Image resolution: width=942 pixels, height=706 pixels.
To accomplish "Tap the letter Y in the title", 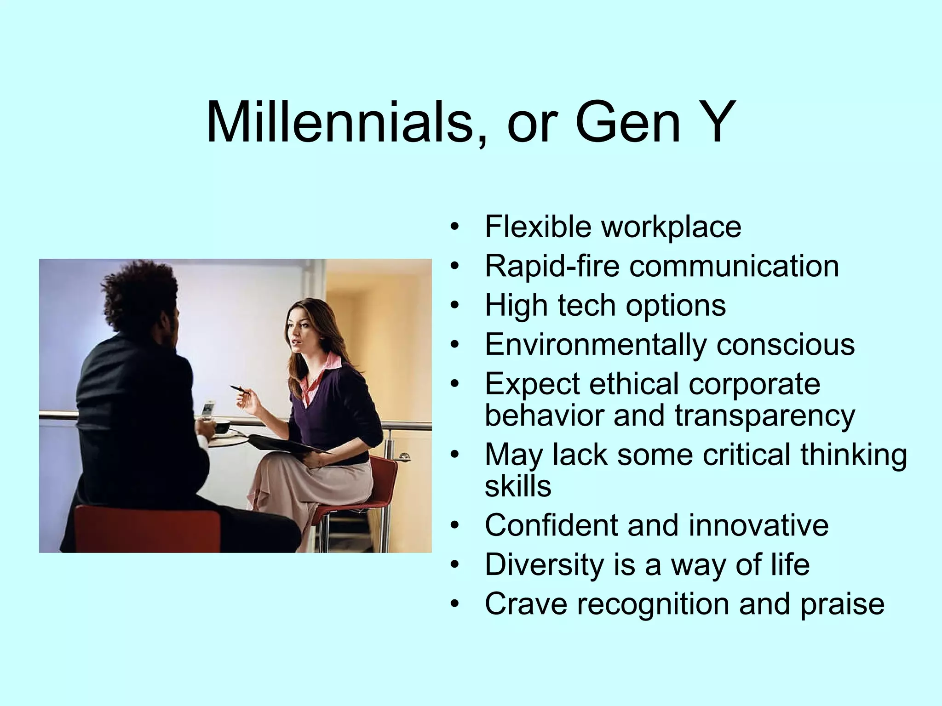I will [713, 123].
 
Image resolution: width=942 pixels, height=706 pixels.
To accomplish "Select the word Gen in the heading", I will [627, 123].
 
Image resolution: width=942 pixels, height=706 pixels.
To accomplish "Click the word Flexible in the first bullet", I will [539, 227].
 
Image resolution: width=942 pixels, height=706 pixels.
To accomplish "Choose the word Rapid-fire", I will [552, 266].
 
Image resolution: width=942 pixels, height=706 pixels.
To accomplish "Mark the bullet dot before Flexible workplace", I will [455, 227].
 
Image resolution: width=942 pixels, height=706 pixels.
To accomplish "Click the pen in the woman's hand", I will [241, 390].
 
